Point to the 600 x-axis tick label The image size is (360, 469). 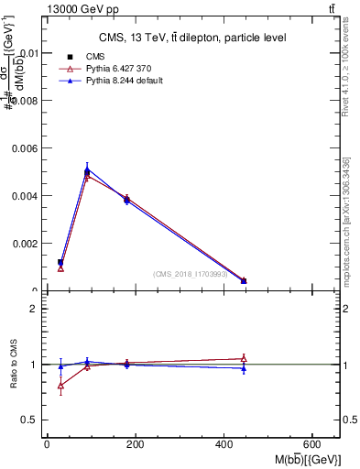click(x=315, y=443)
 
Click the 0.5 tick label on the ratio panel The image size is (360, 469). click(x=30, y=420)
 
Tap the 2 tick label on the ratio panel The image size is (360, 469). click(x=35, y=309)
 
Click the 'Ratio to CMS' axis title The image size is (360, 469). click(x=14, y=364)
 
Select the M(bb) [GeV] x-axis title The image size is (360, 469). click(x=306, y=458)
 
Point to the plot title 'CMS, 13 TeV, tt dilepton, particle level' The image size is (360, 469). click(x=192, y=38)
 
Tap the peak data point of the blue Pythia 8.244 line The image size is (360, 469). click(x=87, y=168)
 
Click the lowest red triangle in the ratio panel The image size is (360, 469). click(x=60, y=386)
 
